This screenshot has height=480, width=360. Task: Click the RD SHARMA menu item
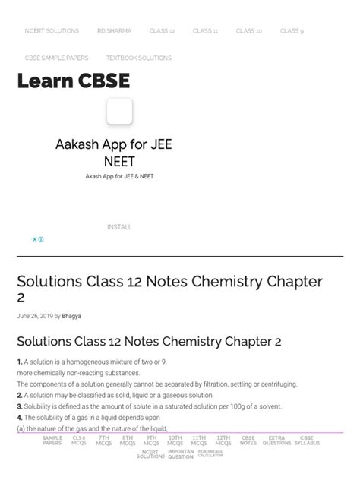pyautogui.click(x=114, y=31)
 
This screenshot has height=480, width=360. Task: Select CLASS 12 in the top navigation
pyautogui.click(x=162, y=31)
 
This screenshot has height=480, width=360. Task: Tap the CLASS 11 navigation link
pyautogui.click(x=205, y=31)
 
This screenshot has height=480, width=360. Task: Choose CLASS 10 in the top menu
pyautogui.click(x=248, y=31)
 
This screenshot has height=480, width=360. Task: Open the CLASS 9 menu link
pyautogui.click(x=292, y=31)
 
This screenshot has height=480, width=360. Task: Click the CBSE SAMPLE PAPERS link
pyautogui.click(x=56, y=58)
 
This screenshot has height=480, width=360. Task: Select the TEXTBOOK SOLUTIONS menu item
pyautogui.click(x=138, y=58)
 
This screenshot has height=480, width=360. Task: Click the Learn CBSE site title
pyautogui.click(x=74, y=81)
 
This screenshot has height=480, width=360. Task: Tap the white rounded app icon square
pyautogui.click(x=119, y=112)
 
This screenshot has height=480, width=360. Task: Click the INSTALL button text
pyautogui.click(x=119, y=227)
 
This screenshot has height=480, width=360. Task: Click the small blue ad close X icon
pyautogui.click(x=34, y=239)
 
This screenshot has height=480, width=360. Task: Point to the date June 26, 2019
pyautogui.click(x=34, y=316)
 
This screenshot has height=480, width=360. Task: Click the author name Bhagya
pyautogui.click(x=71, y=316)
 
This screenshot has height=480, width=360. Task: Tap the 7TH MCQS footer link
pyautogui.click(x=103, y=441)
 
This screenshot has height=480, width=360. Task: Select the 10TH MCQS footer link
pyautogui.click(x=175, y=441)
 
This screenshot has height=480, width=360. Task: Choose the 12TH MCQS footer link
pyautogui.click(x=223, y=441)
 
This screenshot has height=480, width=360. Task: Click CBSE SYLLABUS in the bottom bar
pyautogui.click(x=307, y=441)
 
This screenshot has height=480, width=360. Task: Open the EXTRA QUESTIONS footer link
pyautogui.click(x=276, y=441)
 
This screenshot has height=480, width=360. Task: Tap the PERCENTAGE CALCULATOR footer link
pyautogui.click(x=210, y=454)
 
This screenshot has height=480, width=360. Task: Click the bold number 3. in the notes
pyautogui.click(x=20, y=406)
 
